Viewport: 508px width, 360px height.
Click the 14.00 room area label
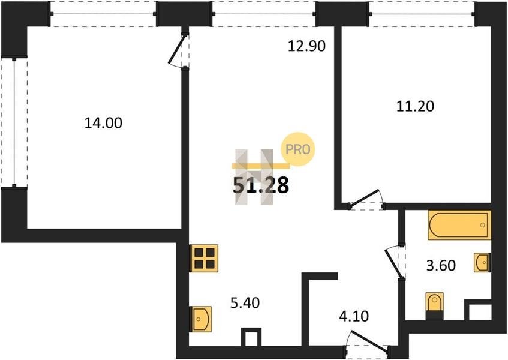[x=103, y=123]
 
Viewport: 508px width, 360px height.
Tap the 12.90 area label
[x=306, y=46]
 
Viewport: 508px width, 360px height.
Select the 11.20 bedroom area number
[x=416, y=106]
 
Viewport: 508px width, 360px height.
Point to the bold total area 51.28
[x=261, y=185]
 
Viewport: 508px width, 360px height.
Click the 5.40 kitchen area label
[x=245, y=303]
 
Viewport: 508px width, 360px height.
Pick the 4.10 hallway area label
[x=354, y=316]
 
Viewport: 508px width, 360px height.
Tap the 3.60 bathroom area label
[x=441, y=265]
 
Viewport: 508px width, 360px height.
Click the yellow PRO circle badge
[x=297, y=149]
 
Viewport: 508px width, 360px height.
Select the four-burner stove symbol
[x=203, y=258]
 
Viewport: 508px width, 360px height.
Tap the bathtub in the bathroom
[x=459, y=225]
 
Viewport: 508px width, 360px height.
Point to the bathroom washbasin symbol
[x=482, y=262]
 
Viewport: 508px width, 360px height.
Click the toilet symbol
[x=434, y=306]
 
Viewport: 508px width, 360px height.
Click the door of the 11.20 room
[x=365, y=197]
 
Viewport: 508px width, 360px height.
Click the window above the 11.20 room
[x=422, y=14]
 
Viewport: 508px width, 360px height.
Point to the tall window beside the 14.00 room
[x=14, y=123]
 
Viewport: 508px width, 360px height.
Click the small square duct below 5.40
[x=251, y=337]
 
